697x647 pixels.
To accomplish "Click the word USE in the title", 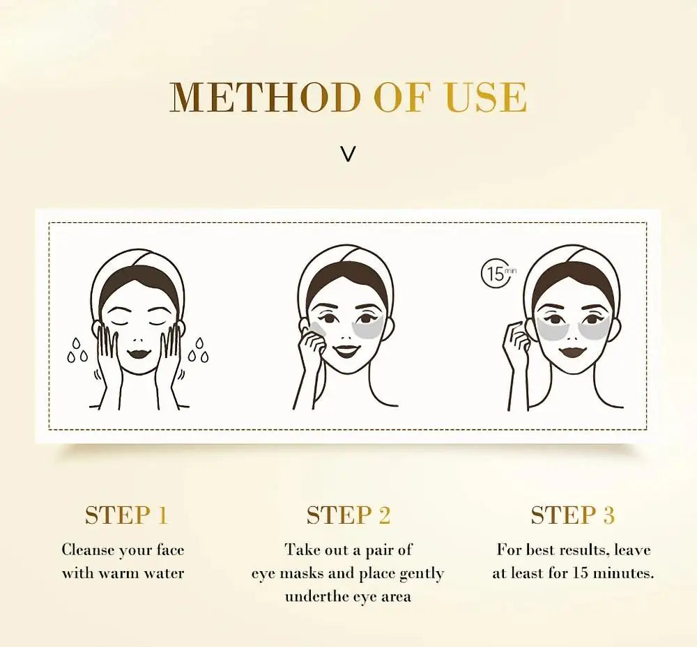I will [486, 98].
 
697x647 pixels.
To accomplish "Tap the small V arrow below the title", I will [348, 154].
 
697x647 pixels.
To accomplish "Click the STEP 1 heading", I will [126, 515].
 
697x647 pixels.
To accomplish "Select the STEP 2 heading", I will [348, 515].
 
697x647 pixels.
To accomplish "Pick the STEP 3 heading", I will [572, 515].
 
